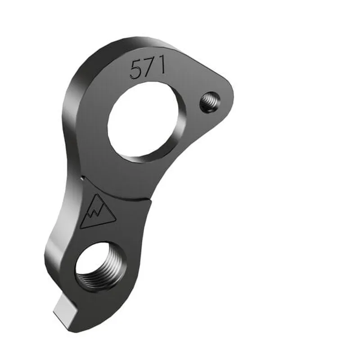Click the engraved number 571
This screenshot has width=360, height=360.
[148, 69]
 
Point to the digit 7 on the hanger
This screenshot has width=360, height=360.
[148, 68]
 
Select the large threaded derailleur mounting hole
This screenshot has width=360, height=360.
[100, 269]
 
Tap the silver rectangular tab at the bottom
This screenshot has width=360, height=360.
[65, 309]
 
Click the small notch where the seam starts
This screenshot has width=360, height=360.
[82, 179]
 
